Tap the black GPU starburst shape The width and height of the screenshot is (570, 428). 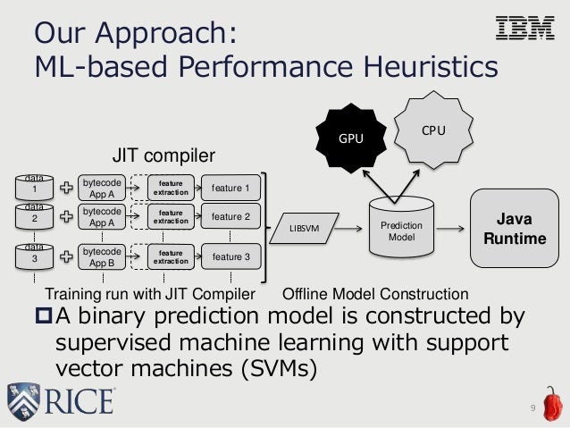[x=350, y=139]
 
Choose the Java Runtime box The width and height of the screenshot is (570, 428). [x=518, y=229]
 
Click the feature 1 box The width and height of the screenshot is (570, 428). [x=231, y=188]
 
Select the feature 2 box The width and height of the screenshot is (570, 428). [x=231, y=216]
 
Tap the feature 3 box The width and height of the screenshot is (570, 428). [x=231, y=257]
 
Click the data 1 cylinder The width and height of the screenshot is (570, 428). [x=36, y=187]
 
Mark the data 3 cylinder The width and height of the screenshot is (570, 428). [x=36, y=256]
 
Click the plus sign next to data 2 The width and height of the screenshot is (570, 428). [x=68, y=216]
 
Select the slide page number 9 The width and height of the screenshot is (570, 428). [x=532, y=409]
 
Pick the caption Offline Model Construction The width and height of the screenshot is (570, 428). [x=375, y=294]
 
